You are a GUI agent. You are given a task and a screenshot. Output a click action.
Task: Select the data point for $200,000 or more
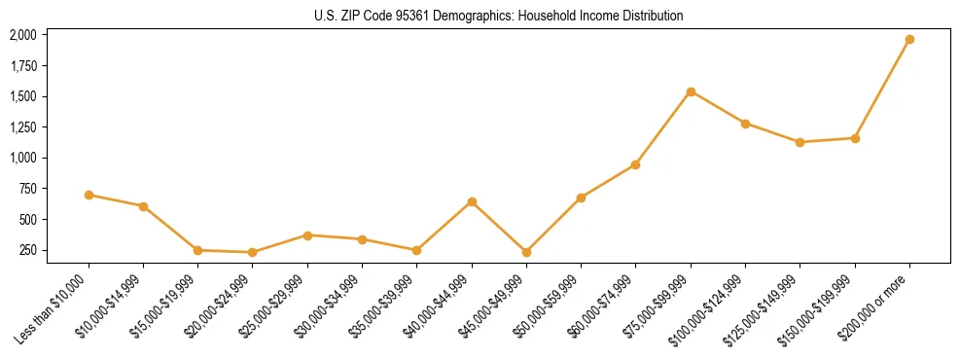tap(909, 40)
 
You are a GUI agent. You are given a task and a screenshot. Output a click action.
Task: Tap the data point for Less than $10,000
tap(89, 195)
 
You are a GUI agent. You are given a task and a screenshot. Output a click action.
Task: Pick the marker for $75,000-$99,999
tap(691, 91)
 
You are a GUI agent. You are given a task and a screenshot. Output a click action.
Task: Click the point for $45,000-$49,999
tap(526, 252)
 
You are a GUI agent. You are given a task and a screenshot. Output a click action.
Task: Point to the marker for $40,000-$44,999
tap(472, 201)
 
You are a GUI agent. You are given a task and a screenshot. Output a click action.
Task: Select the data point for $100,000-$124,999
tap(745, 124)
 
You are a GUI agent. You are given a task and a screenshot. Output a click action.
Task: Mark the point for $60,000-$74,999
tap(635, 164)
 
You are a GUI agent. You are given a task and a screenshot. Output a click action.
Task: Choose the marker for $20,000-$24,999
tap(253, 252)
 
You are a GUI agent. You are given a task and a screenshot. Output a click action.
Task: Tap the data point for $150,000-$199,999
tap(855, 138)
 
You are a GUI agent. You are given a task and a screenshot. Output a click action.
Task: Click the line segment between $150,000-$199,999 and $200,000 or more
tap(882, 89)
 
